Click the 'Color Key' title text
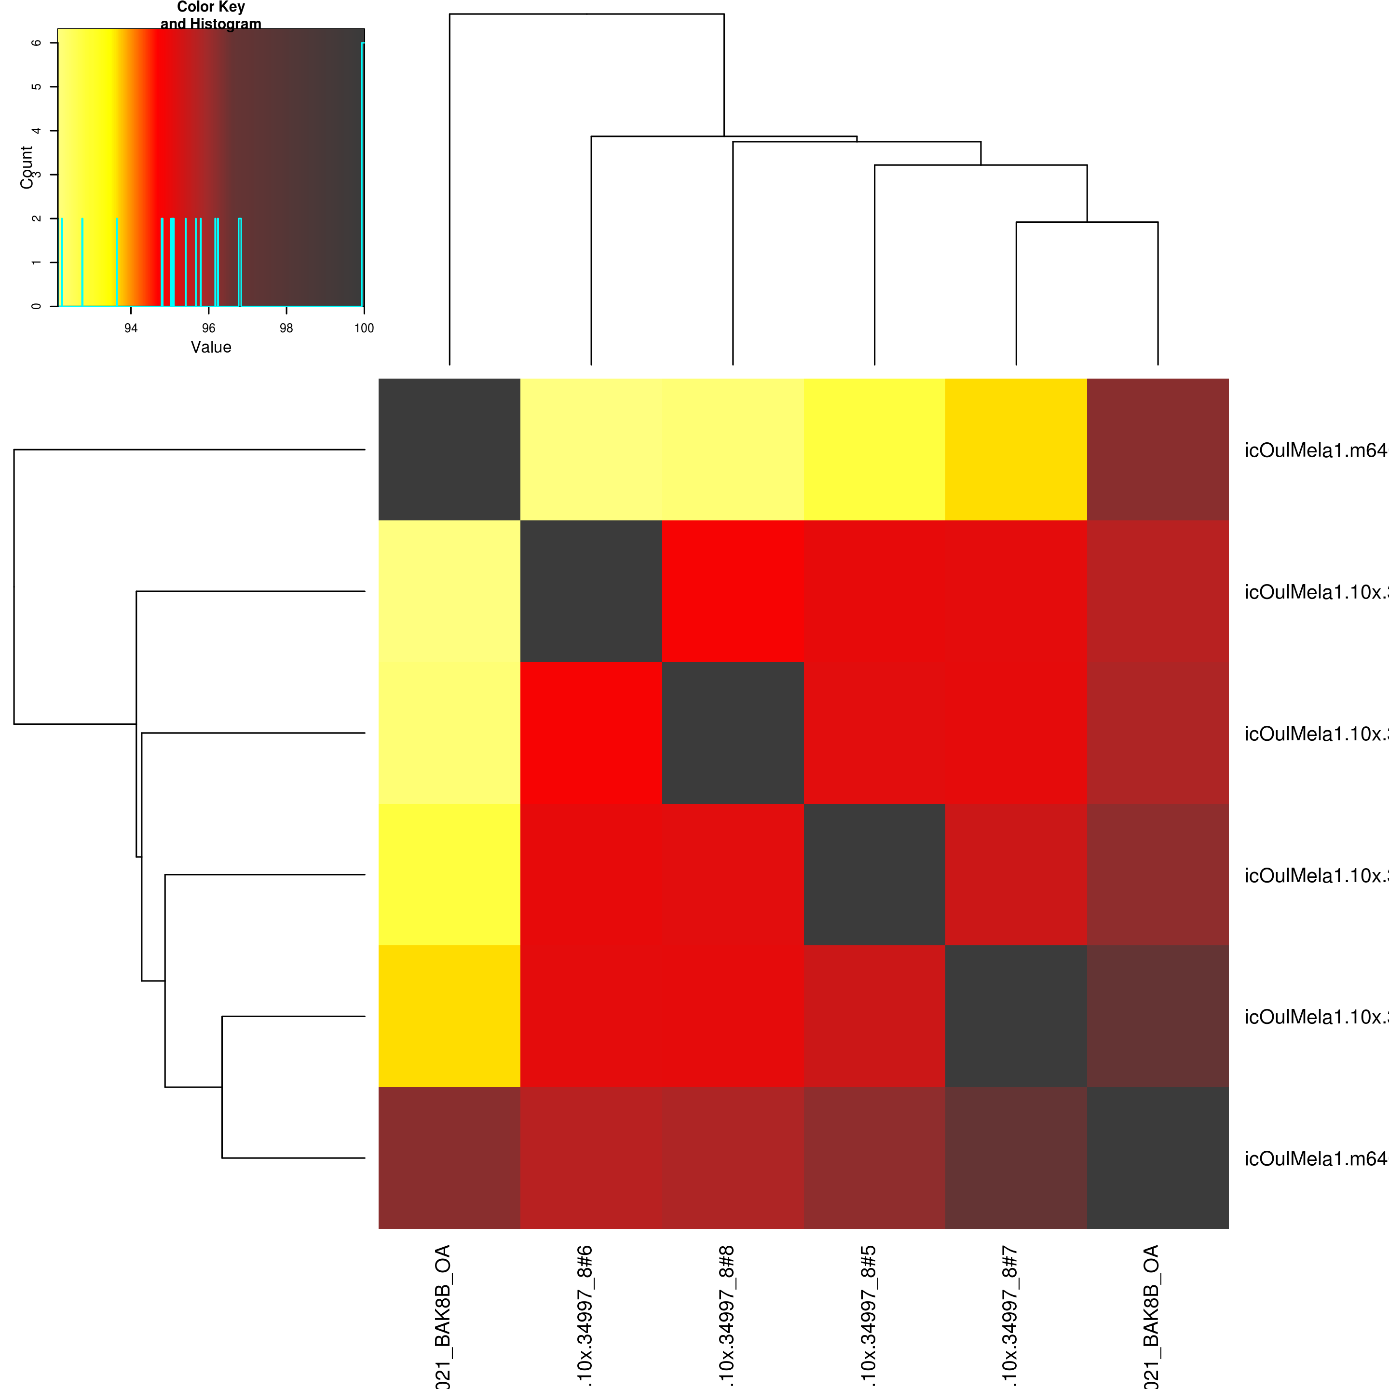[x=211, y=7]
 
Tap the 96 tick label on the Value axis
[x=208, y=328]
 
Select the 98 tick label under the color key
[x=286, y=328]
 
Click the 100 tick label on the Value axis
[x=364, y=328]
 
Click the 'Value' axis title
[x=211, y=347]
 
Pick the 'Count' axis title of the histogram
[x=27, y=167]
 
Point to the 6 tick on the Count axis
[x=36, y=43]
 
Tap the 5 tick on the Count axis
[x=36, y=87]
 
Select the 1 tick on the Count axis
[x=36, y=262]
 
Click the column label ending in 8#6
[x=585, y=1316]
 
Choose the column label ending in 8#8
[x=727, y=1316]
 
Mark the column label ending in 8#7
[x=1010, y=1316]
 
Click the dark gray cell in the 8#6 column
[x=591, y=591]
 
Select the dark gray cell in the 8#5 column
[x=874, y=874]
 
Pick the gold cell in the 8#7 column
[x=1016, y=449]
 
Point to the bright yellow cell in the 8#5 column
[x=874, y=449]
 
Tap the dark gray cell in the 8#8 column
[x=733, y=733]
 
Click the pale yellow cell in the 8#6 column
[x=591, y=449]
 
